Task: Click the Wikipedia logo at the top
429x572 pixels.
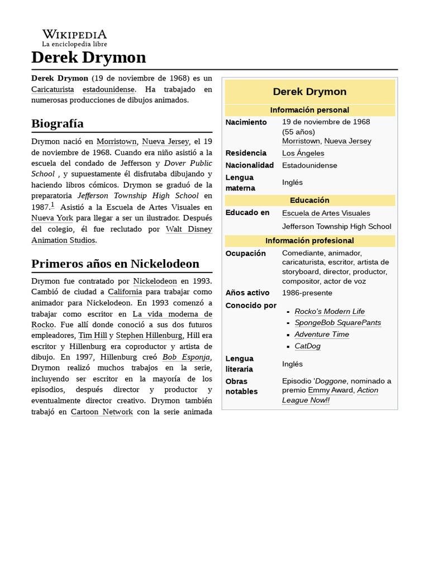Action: pyautogui.click(x=74, y=37)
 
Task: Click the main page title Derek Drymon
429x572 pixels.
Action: pyautogui.click(x=88, y=57)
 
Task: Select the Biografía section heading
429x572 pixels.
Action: pyautogui.click(x=58, y=123)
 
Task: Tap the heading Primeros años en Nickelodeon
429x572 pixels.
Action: pyautogui.click(x=115, y=263)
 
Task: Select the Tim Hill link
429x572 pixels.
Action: pyautogui.click(x=92, y=335)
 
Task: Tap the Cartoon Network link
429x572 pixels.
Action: pyautogui.click(x=102, y=412)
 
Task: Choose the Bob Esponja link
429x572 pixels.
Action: pyautogui.click(x=186, y=357)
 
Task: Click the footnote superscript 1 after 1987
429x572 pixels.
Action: pyautogui.click(x=53, y=205)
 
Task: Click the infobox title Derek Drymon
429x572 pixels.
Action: pyautogui.click(x=309, y=92)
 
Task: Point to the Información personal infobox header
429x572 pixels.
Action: pyautogui.click(x=309, y=110)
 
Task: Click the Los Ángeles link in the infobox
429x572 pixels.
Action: pyautogui.click(x=303, y=153)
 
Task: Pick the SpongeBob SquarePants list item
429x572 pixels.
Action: pyautogui.click(x=337, y=323)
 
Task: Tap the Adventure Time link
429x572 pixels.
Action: pyautogui.click(x=322, y=335)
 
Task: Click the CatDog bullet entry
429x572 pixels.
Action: pyautogui.click(x=307, y=346)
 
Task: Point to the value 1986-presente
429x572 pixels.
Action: pyautogui.click(x=307, y=293)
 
